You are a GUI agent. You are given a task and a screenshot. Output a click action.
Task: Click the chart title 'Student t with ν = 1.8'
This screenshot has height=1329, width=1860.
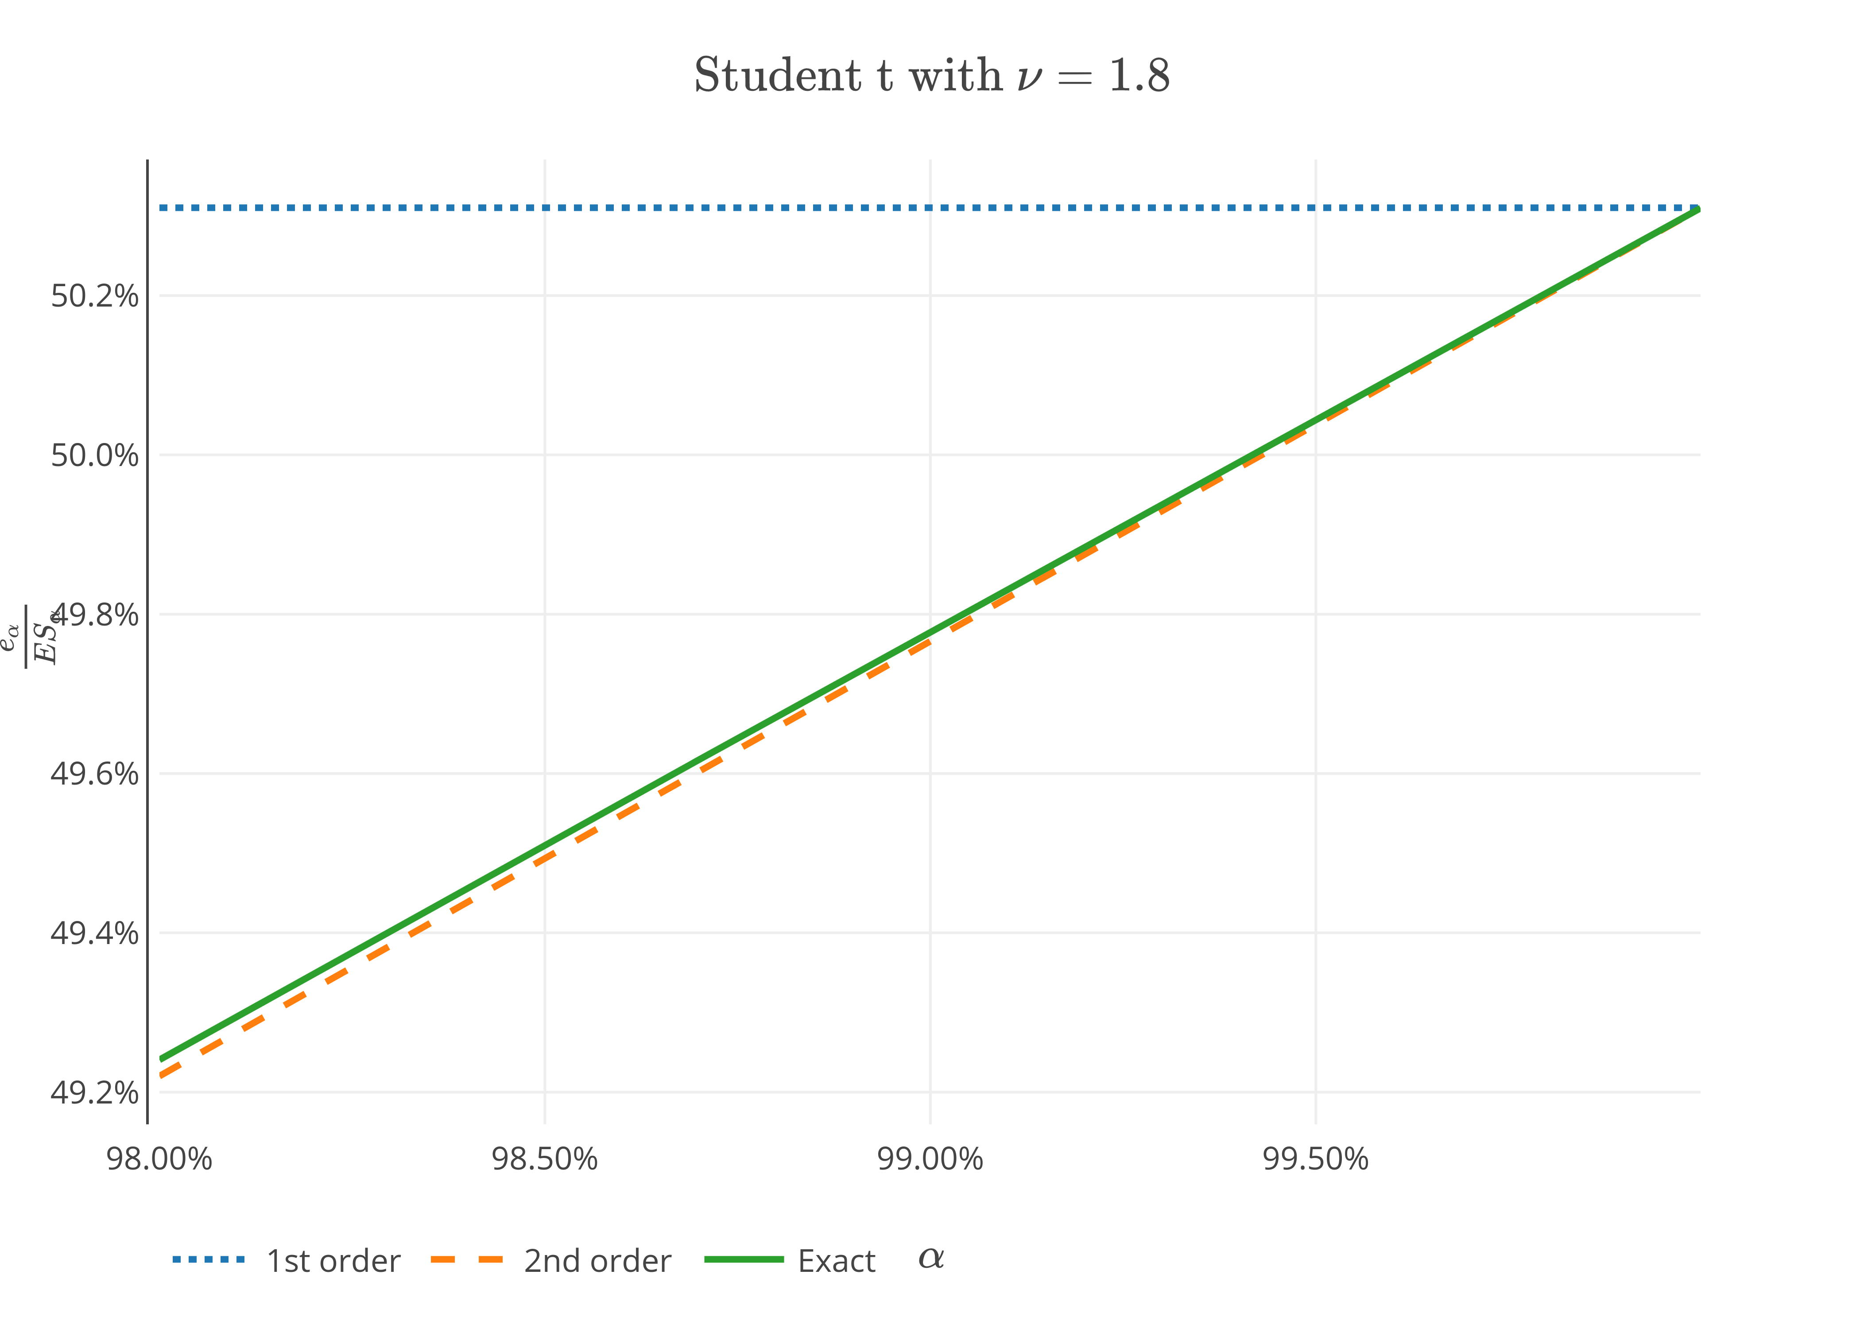click(931, 75)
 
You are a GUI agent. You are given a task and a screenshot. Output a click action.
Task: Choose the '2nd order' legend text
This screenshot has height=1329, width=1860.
click(597, 1261)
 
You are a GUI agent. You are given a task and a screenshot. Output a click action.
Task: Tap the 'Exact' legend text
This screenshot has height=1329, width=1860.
click(836, 1261)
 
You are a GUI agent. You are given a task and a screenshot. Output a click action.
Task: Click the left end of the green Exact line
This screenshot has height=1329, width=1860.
click(162, 1059)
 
